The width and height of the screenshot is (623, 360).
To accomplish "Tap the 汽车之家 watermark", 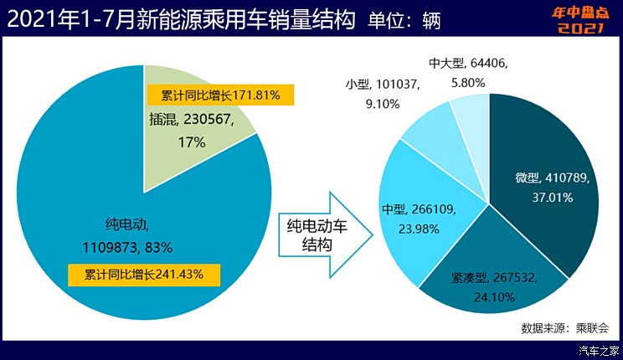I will point(600,350).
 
